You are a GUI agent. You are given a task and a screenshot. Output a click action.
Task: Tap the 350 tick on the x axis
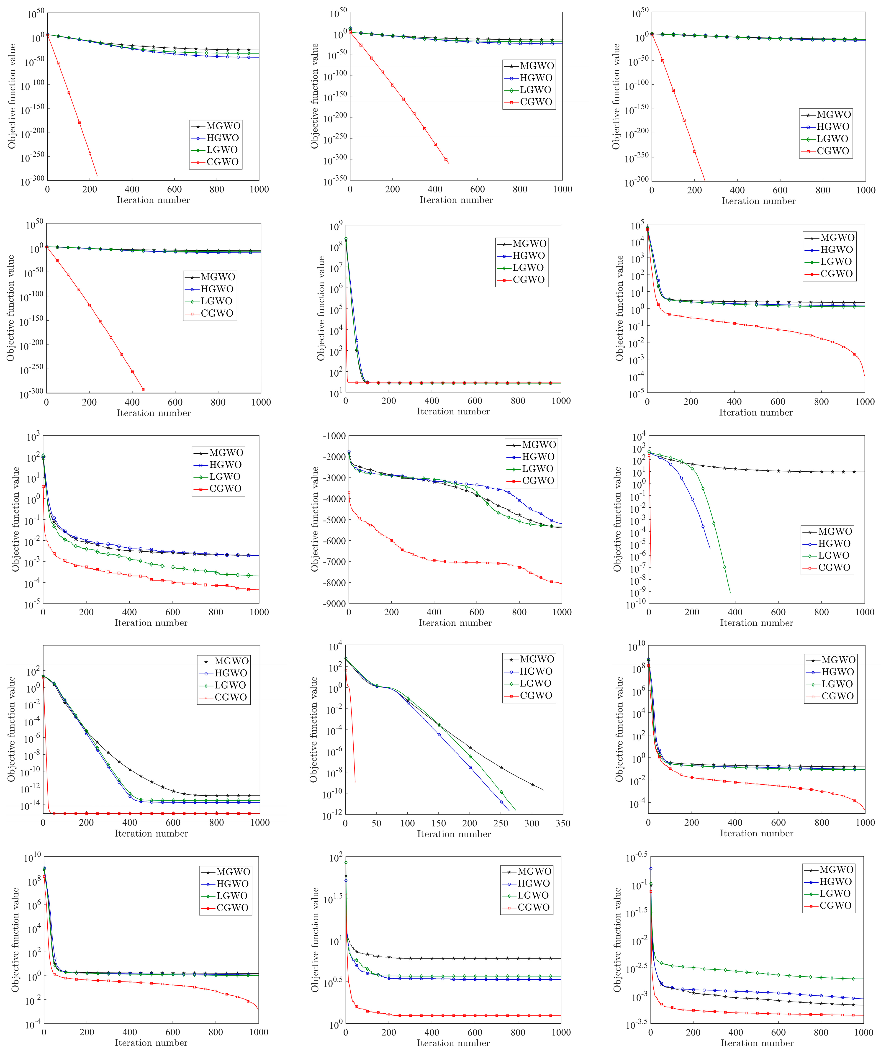click(563, 823)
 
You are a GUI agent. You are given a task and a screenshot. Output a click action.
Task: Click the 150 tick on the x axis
click(439, 823)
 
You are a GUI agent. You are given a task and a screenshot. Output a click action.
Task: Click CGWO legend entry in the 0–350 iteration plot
click(536, 695)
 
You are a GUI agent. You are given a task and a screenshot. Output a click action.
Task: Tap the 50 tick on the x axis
click(376, 823)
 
